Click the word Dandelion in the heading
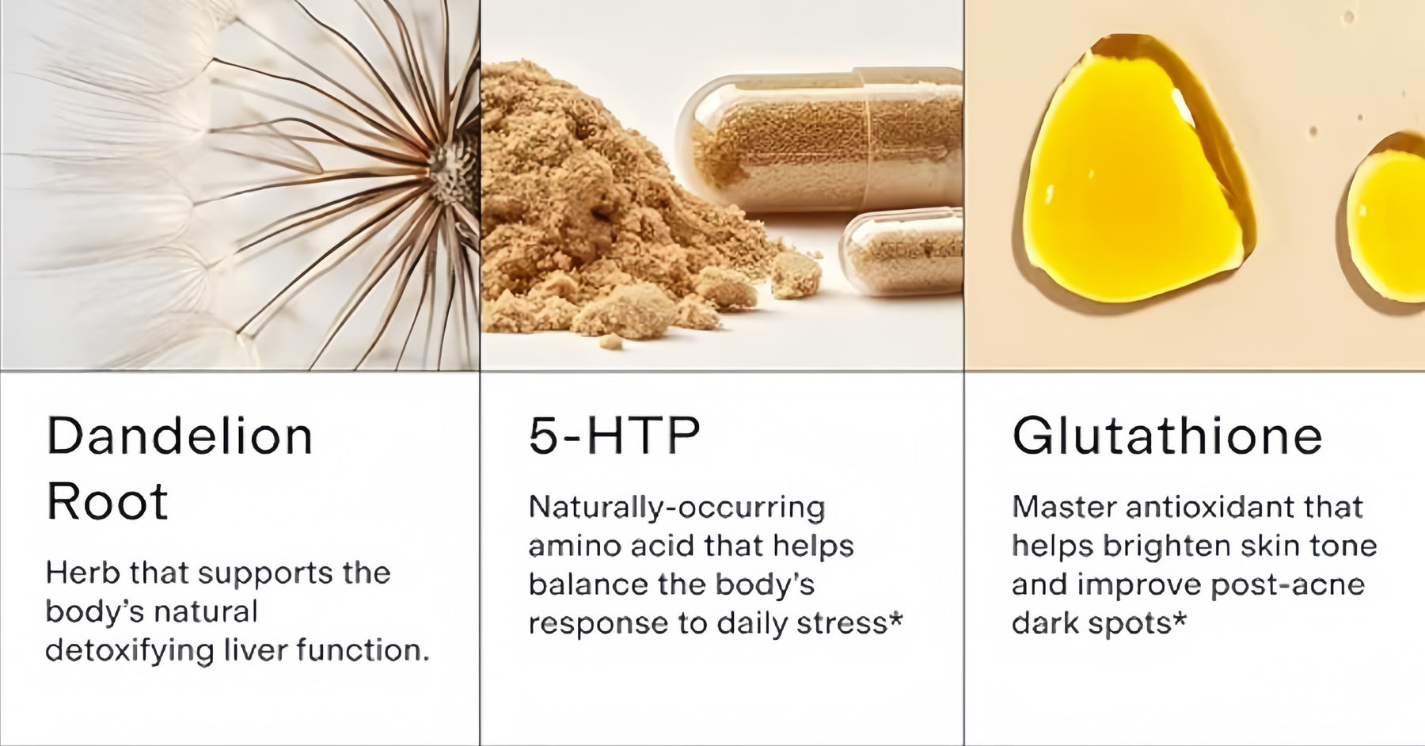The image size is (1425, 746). [180, 436]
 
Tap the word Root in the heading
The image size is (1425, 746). [108, 501]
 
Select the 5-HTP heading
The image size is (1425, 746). [614, 436]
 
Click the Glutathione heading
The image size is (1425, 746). [1167, 436]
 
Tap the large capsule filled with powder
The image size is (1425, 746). [819, 143]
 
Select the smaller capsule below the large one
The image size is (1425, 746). [901, 252]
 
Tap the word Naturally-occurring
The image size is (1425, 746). [677, 508]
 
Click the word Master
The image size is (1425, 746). [1063, 507]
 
